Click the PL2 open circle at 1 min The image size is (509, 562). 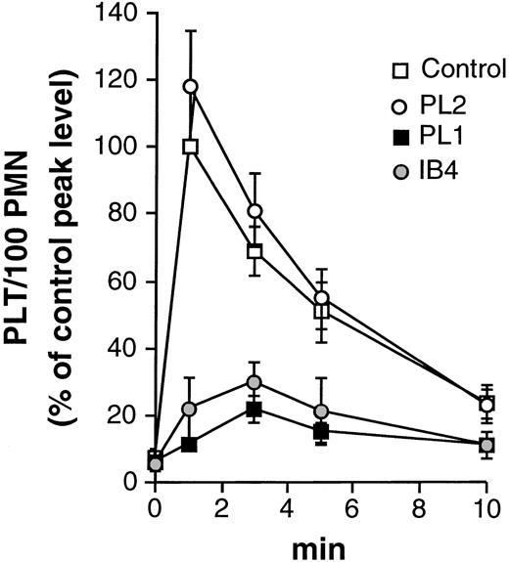(x=191, y=87)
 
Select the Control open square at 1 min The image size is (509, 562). (x=191, y=147)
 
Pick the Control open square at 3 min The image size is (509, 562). (x=255, y=251)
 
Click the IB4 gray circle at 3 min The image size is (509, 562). (x=255, y=382)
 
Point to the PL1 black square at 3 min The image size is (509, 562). (x=255, y=409)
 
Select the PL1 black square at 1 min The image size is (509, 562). (x=191, y=445)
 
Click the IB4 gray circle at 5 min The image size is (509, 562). (x=321, y=411)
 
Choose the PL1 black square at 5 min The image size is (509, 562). (x=321, y=431)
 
